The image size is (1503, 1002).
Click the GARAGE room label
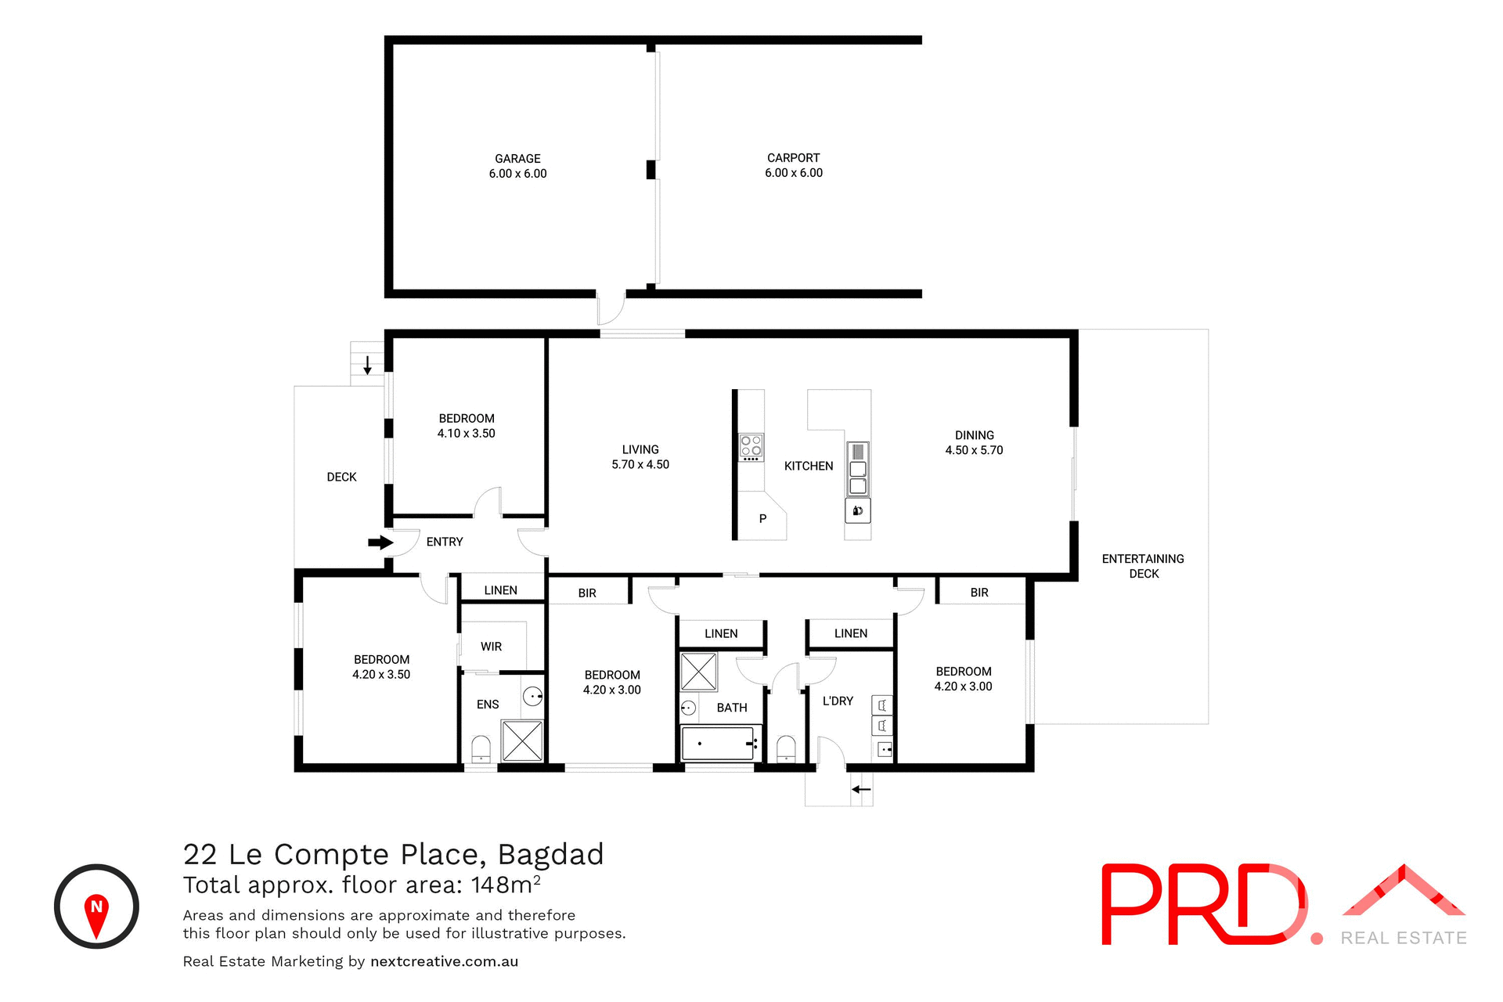[517, 159]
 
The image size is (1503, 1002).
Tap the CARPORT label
[793, 158]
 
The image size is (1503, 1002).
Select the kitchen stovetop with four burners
[751, 447]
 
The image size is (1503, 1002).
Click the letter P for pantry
[762, 519]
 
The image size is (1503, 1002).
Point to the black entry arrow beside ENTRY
[380, 542]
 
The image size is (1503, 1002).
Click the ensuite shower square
[522, 741]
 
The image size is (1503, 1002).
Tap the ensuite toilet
[481, 749]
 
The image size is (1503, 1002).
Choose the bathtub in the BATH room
[718, 743]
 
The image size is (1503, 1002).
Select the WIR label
[491, 647]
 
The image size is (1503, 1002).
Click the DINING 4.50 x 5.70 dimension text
[974, 450]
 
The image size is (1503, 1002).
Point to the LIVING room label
[640, 449]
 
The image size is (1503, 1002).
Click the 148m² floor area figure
[505, 885]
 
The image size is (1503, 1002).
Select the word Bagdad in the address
[550, 854]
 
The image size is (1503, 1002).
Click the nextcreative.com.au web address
[444, 961]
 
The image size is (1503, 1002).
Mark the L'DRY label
[838, 701]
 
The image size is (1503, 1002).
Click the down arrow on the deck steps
[367, 365]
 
